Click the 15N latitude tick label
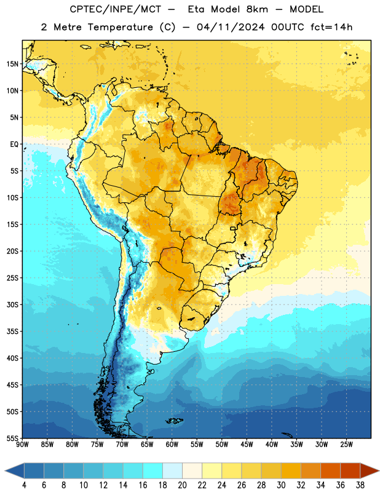[x=12, y=64]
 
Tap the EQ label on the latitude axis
[x=14, y=145]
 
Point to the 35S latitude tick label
[x=12, y=331]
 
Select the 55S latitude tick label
[x=12, y=438]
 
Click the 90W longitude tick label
[x=22, y=445]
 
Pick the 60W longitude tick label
[x=172, y=445]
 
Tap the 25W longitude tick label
[x=346, y=445]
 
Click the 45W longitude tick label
[x=247, y=445]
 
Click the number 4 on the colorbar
[x=24, y=485]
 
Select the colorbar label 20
[x=182, y=485]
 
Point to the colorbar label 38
[x=360, y=485]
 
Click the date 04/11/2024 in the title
[x=231, y=27]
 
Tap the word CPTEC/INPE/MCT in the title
[x=115, y=9]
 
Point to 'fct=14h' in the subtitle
[x=331, y=27]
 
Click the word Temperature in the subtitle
[x=120, y=27]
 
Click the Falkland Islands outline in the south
[x=175, y=421]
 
